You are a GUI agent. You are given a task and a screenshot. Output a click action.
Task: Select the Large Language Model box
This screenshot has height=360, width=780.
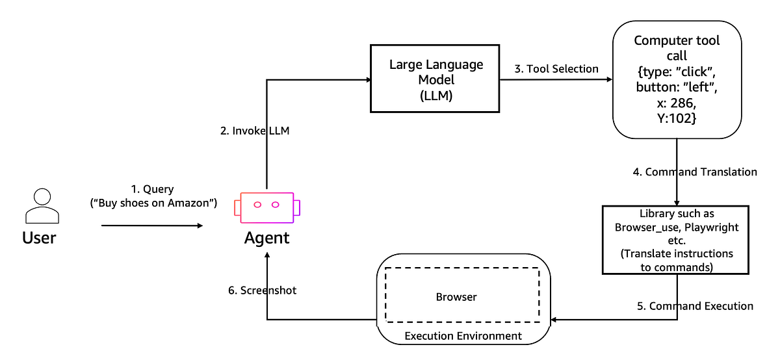435,78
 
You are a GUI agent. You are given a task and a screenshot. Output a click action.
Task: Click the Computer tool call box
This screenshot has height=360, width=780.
677,79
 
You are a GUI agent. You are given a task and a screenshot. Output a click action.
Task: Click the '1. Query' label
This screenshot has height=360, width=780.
152,189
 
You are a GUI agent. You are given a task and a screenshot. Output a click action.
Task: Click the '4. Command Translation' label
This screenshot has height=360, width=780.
695,172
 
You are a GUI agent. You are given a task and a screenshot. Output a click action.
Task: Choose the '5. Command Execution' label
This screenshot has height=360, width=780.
695,305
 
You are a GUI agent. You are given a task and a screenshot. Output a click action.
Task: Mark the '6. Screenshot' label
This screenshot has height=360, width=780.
262,290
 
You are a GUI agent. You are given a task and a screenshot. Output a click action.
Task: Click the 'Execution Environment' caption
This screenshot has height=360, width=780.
463,336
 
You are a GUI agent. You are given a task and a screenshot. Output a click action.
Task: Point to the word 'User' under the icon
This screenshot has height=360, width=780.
39,237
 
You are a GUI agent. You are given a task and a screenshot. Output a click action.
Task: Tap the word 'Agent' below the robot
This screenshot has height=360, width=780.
266,238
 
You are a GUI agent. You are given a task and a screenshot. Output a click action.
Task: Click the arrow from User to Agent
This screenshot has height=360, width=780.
152,225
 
